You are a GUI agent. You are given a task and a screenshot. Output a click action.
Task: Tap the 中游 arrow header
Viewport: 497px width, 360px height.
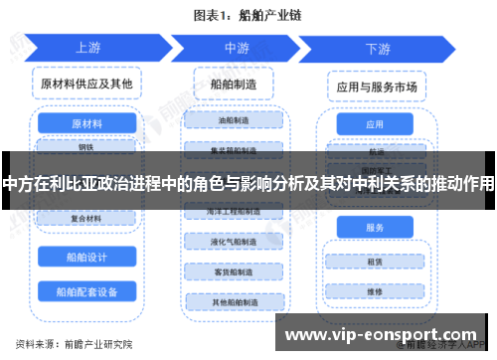(237, 47)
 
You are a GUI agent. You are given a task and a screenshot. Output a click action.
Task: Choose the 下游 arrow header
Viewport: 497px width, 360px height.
(378, 47)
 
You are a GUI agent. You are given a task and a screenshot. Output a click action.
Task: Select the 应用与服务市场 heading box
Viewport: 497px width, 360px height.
(375, 87)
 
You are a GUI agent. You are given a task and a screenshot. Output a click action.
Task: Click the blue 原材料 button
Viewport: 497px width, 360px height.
(86, 125)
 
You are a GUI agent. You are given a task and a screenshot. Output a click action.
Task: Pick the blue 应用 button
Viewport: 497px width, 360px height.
(375, 125)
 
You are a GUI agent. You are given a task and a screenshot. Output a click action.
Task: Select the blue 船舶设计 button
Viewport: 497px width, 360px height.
(86, 256)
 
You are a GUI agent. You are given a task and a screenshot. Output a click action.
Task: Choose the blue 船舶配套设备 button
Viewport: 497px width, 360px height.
(86, 291)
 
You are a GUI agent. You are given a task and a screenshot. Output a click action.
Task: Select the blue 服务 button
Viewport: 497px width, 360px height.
(375, 228)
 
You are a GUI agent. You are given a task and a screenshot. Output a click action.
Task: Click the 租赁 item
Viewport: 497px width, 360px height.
(375, 263)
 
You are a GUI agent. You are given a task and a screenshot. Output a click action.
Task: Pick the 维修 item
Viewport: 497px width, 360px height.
(375, 292)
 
